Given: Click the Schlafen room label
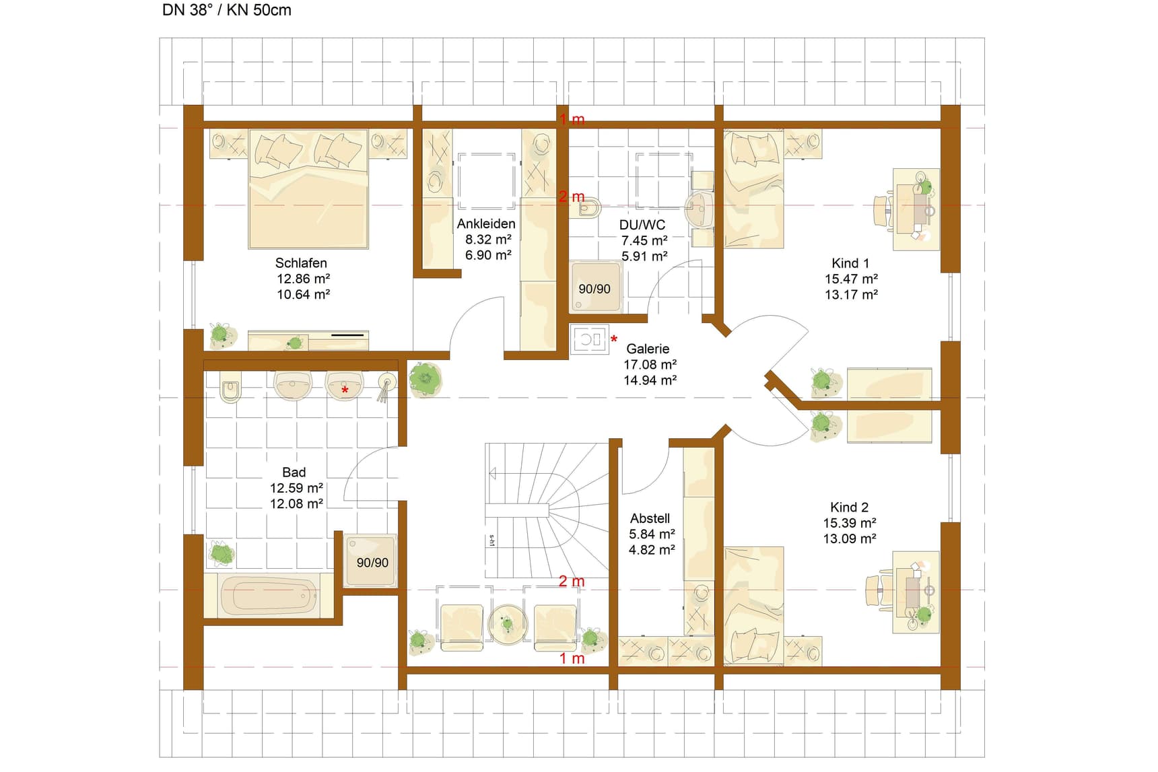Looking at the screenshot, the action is click(301, 263).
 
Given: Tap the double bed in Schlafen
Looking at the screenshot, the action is click(308, 189).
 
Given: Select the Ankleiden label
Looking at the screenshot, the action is click(486, 223).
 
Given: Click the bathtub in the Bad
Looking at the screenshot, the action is click(269, 596).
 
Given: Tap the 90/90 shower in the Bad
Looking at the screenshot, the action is click(371, 561).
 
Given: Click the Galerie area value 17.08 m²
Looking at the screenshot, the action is click(650, 364).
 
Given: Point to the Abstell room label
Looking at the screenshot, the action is click(650, 518).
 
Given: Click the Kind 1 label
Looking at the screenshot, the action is click(850, 263).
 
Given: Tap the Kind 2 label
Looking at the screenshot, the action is click(849, 507).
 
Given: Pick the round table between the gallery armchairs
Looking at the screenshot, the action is click(508, 624).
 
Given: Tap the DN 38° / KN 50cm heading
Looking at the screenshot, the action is click(227, 10).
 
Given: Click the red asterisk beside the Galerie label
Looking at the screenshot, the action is click(614, 339).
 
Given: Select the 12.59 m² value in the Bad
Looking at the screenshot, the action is click(296, 488).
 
